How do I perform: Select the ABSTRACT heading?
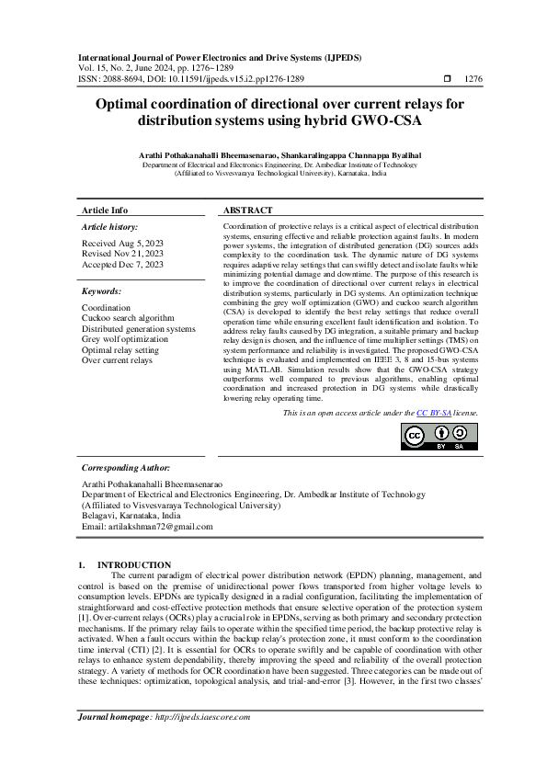(x=247, y=211)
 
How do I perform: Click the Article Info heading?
(x=105, y=211)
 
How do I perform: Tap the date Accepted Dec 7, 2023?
(x=123, y=265)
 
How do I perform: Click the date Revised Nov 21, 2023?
(x=123, y=254)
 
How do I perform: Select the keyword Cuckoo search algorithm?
(x=128, y=318)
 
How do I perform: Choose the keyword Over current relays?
(x=117, y=360)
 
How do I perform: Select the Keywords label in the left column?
(x=102, y=290)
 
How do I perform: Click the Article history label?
(x=110, y=226)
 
